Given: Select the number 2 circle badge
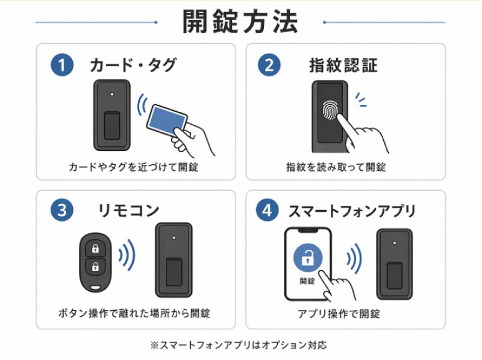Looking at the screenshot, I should point(269,64).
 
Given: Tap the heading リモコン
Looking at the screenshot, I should point(128,210).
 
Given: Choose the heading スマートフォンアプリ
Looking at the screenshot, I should point(352,211).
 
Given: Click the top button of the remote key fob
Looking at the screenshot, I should point(95,248).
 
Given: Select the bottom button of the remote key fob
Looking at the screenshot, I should point(95,266).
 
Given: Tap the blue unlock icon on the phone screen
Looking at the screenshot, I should point(307,259).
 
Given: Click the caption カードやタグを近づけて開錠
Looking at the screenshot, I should point(133,167).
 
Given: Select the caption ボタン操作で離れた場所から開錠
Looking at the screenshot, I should point(134,313).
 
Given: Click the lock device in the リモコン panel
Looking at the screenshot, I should point(174,260).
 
